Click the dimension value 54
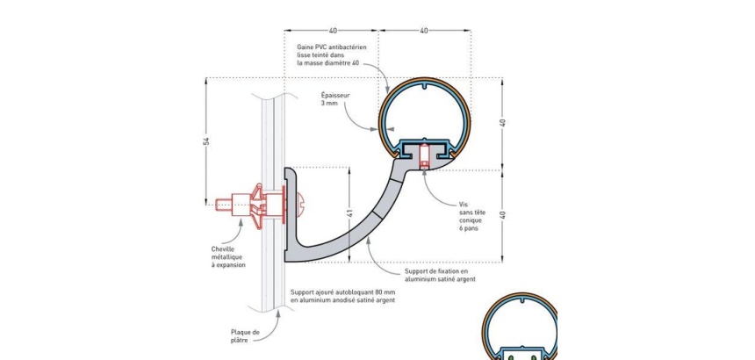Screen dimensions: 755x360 click(x=207, y=141)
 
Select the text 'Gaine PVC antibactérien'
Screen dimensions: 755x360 click(x=332, y=47)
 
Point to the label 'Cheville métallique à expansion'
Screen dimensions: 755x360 click(x=228, y=257)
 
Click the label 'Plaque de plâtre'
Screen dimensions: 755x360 click(x=245, y=335)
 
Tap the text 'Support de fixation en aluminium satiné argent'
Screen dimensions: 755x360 click(x=440, y=276)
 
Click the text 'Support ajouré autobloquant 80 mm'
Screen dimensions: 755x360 click(x=343, y=292)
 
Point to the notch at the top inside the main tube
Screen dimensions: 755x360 click(x=424, y=87)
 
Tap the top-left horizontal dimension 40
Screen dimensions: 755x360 click(x=333, y=31)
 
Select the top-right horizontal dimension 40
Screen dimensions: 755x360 click(x=424, y=31)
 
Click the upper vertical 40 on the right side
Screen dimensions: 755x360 click(x=503, y=122)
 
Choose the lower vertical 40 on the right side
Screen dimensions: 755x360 click(x=503, y=214)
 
